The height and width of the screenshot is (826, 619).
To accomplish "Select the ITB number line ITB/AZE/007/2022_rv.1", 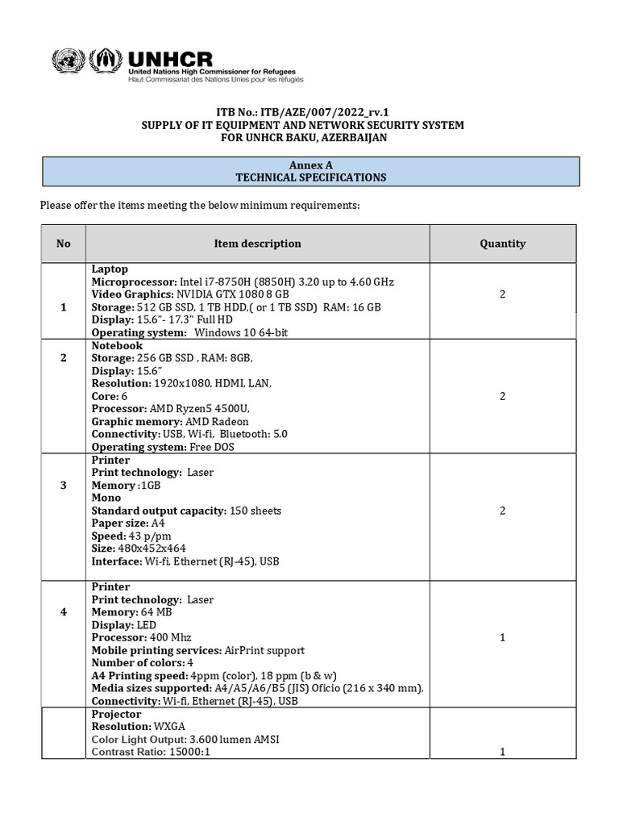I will (309, 112).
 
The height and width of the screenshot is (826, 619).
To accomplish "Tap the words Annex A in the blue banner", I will (309, 165).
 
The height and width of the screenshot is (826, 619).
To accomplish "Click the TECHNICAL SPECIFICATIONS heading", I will (309, 177).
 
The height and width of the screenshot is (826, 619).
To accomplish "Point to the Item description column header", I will (257, 244).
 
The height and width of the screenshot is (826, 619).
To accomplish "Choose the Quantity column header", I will (502, 244).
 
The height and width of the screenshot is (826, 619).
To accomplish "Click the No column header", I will (64, 244).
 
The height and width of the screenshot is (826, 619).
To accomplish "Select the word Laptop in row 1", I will (110, 269).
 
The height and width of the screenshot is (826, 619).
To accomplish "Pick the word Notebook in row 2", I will (117, 345).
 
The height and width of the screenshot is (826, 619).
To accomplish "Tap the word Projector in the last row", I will (116, 714).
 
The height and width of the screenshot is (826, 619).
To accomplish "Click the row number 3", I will (64, 485).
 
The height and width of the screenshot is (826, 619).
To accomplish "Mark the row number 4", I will (64, 612).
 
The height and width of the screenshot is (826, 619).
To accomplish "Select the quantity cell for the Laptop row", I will (502, 294).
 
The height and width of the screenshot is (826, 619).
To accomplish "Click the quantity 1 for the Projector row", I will (502, 752).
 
